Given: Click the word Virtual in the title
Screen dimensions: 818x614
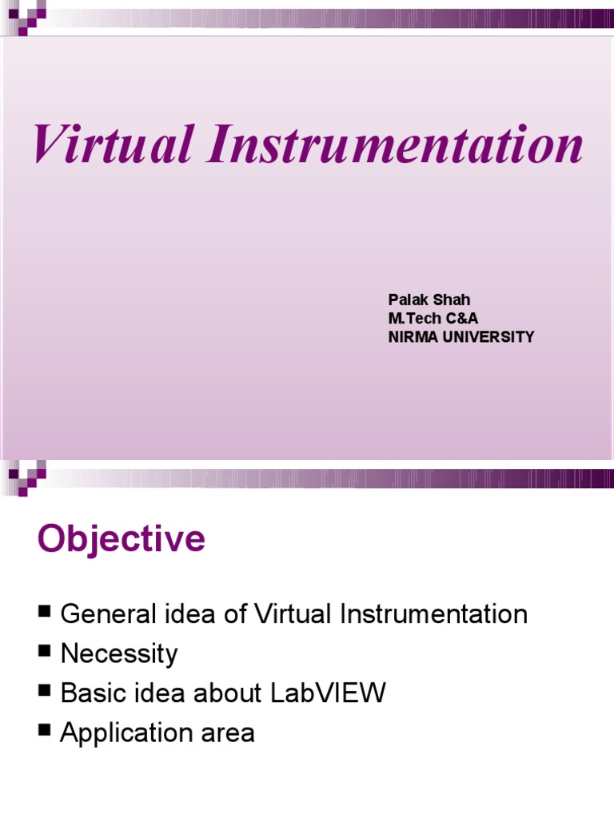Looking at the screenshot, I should click(x=111, y=146).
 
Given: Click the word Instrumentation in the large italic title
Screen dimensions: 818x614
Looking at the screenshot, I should click(x=394, y=146).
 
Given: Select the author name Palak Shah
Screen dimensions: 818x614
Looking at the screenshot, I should click(x=429, y=300).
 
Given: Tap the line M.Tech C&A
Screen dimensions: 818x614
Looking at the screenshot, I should click(x=433, y=319).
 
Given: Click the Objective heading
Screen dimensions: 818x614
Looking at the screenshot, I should click(x=121, y=540).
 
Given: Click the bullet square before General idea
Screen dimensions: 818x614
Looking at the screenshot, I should click(x=44, y=613).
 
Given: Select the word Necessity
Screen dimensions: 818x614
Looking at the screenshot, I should click(x=119, y=654).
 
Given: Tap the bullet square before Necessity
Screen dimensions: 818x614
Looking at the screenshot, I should click(x=44, y=652).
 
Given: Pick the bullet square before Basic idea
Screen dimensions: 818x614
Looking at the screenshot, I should click(x=44, y=691).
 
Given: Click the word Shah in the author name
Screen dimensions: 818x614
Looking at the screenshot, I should click(x=452, y=300).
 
